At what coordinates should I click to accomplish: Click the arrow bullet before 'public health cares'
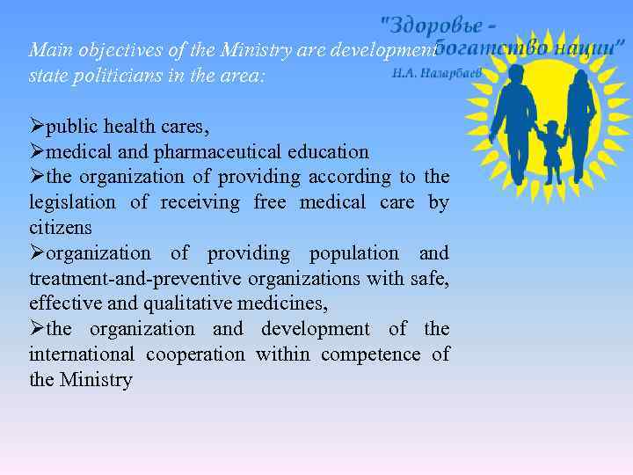(x=37, y=127)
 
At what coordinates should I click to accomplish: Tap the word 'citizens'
(x=61, y=228)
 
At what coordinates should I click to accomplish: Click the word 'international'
(x=82, y=354)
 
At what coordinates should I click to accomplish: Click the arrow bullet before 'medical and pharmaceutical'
(x=37, y=152)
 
